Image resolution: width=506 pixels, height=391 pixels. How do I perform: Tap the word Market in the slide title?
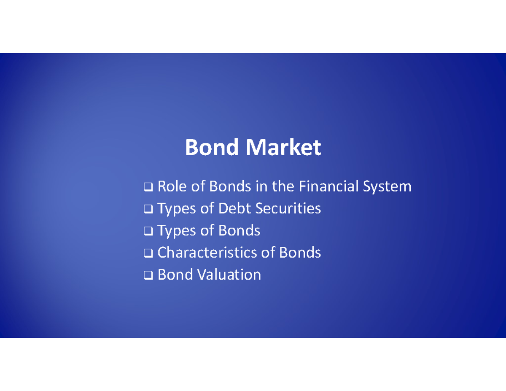point(283,148)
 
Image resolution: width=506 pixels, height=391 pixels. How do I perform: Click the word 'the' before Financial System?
point(283,186)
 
